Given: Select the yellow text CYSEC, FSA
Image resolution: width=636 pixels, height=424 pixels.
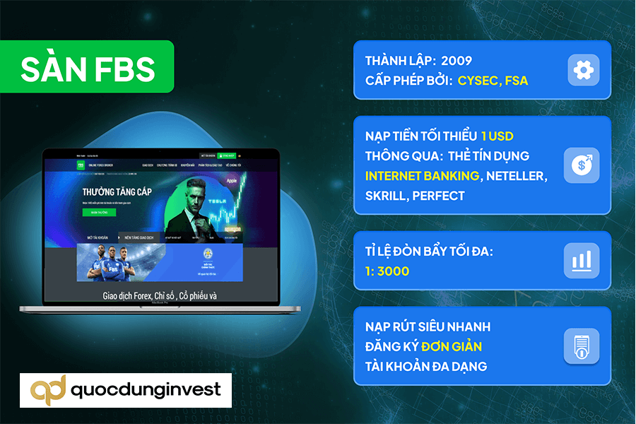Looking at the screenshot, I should (x=493, y=81).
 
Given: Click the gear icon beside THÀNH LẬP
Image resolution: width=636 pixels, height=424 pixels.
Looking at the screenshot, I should (x=583, y=70).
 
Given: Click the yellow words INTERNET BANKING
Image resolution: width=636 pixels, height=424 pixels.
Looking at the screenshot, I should (x=421, y=175).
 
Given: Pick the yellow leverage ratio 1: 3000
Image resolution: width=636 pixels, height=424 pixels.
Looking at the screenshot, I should (x=387, y=271).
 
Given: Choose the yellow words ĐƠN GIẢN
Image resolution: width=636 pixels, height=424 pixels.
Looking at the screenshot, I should (x=452, y=346).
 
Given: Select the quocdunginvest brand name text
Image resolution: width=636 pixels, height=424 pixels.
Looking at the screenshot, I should (x=146, y=389).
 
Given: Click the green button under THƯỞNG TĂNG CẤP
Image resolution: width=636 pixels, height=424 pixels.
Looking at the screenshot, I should (x=98, y=212).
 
